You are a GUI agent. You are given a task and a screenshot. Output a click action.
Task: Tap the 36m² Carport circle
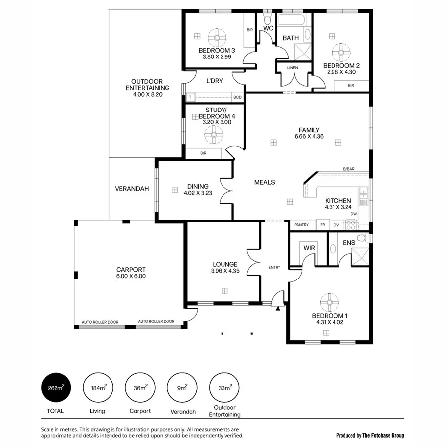point(140,388)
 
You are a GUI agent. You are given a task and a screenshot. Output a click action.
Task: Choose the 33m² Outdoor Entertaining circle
point(224,388)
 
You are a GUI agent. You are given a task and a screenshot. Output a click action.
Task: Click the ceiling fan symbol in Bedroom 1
point(330,302)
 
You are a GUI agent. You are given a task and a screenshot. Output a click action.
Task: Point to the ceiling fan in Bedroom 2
point(341,52)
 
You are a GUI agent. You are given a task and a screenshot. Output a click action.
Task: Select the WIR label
point(309,248)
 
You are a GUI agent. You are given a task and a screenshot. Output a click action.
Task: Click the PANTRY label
point(301,225)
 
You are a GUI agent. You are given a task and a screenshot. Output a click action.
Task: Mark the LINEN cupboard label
point(293,68)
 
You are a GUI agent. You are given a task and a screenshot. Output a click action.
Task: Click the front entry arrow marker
point(278,309)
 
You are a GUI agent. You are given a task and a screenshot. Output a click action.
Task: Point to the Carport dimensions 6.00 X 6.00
point(131,277)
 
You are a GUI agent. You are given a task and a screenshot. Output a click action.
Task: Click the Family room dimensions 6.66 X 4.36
point(309,136)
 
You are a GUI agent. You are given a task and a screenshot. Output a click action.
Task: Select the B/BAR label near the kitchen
point(349,169)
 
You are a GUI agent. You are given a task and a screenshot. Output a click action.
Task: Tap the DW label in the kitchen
point(353,214)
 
